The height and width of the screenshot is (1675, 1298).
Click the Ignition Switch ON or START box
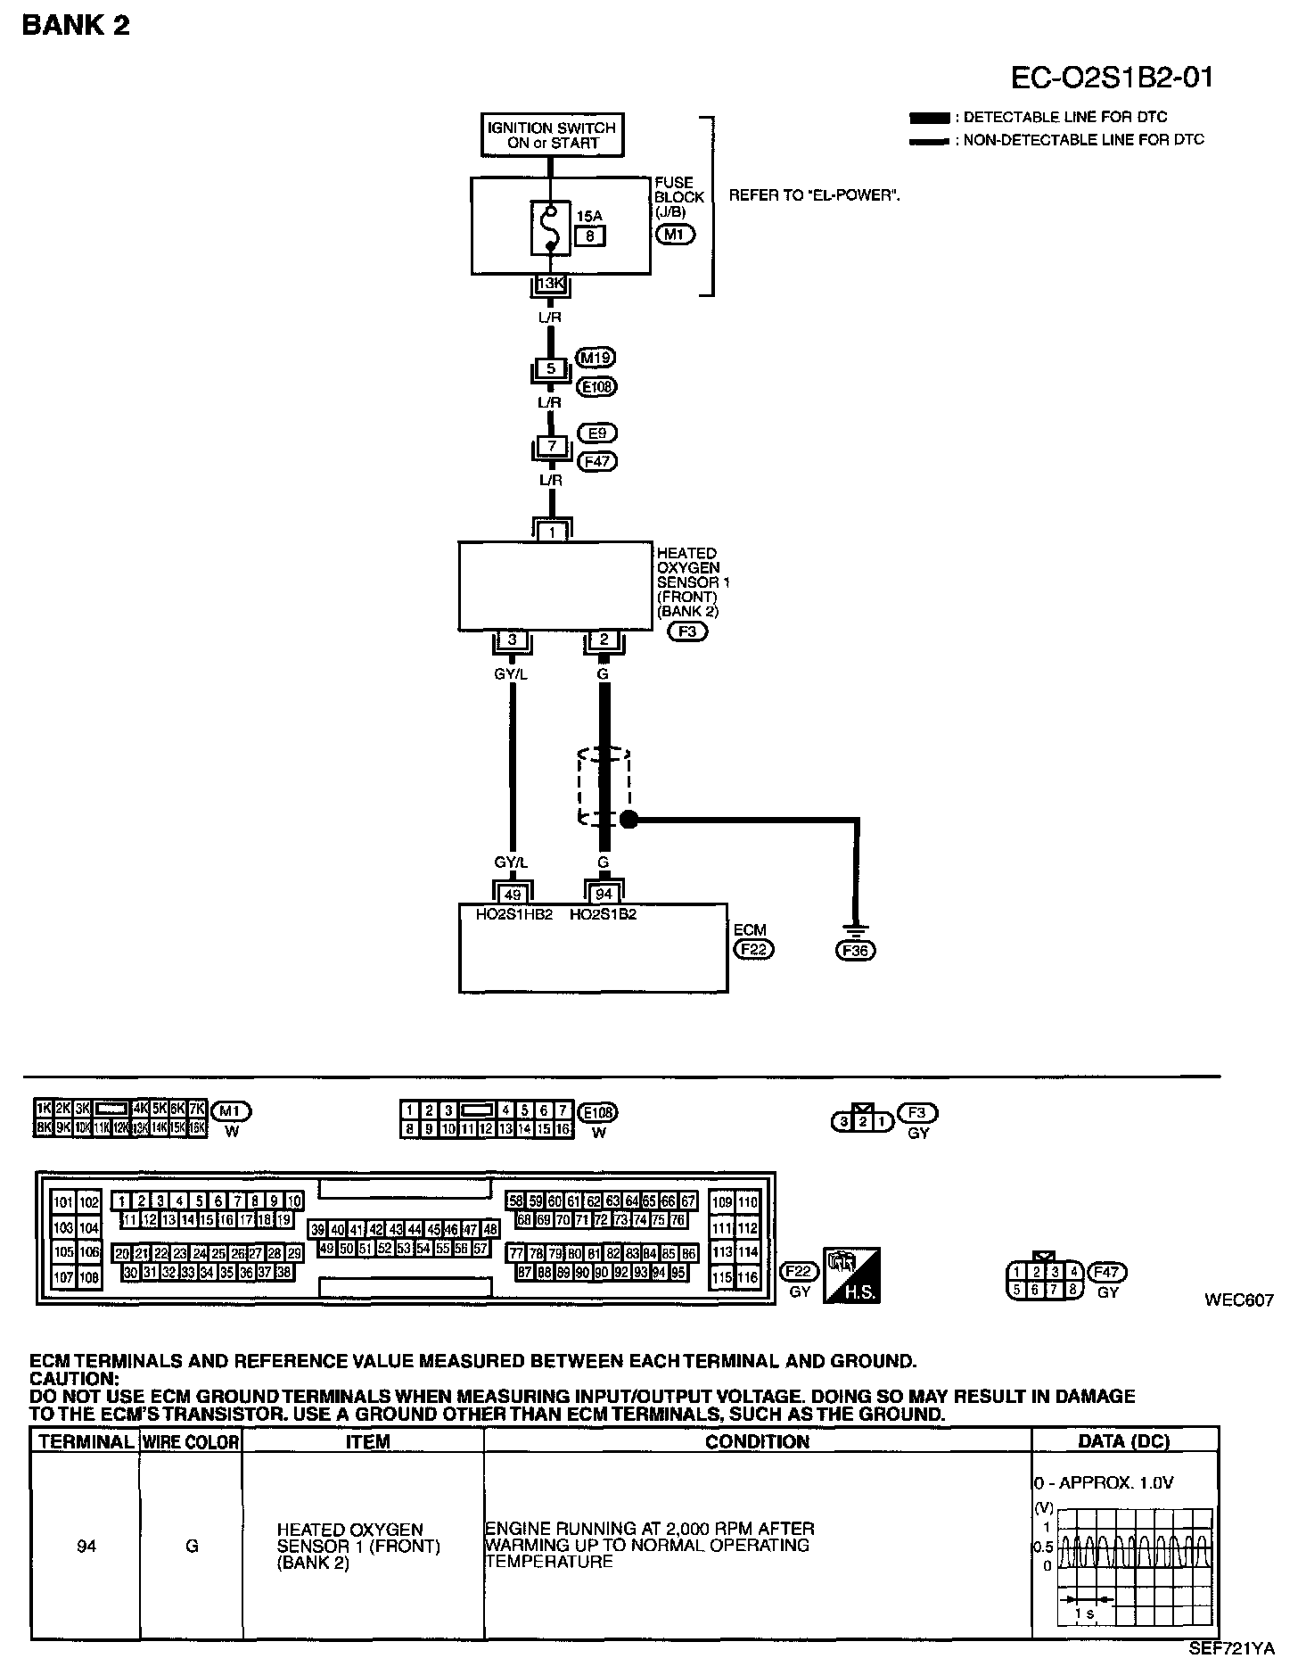click(x=552, y=136)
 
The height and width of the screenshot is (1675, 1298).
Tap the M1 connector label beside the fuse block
click(x=674, y=235)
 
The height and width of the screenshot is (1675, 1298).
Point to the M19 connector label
click(x=596, y=359)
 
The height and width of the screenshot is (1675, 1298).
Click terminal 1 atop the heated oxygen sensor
click(x=552, y=532)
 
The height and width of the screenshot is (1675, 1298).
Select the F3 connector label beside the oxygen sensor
click(x=687, y=632)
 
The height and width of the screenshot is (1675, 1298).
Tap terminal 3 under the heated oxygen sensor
click(x=512, y=639)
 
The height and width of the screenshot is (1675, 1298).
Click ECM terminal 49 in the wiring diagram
click(x=513, y=894)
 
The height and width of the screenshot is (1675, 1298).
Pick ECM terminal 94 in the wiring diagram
click(x=604, y=894)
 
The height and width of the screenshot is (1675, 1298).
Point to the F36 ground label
click(x=855, y=951)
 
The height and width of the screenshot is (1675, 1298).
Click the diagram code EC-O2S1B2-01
click(x=1112, y=78)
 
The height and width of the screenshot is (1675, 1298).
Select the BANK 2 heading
click(x=76, y=25)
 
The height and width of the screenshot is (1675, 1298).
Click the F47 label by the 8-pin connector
click(x=1105, y=1273)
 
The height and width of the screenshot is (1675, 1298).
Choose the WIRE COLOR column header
click(x=191, y=1441)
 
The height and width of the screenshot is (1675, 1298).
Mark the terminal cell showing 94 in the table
click(x=86, y=1547)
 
